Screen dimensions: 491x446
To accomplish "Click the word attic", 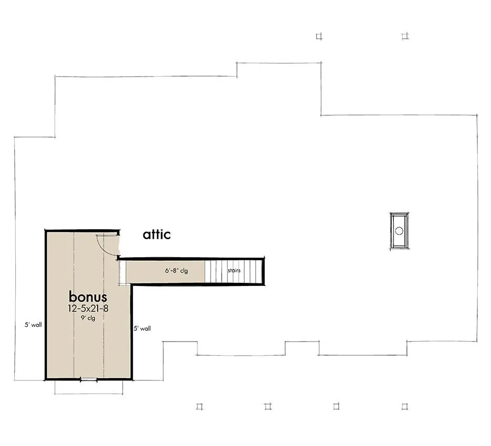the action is (156, 235).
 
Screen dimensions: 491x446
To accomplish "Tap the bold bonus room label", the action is (88, 296).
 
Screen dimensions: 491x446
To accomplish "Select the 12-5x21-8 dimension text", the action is (88, 309).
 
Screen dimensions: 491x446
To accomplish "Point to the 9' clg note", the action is (88, 318).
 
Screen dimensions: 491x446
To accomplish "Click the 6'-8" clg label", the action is (176, 270).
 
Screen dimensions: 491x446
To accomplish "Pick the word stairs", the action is (234, 270).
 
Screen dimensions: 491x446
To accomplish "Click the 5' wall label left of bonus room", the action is (33, 325).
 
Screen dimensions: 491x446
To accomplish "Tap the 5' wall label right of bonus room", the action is (142, 328).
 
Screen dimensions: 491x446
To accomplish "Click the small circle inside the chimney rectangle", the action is (399, 231).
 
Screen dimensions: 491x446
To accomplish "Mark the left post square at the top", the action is (319, 37).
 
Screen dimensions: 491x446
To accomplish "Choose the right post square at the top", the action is (405, 37).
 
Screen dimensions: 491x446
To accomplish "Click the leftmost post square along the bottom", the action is (200, 407).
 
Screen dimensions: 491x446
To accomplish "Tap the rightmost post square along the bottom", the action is (405, 406).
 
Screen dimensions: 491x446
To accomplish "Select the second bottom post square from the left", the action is (268, 406).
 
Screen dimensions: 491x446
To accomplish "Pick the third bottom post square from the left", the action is (336, 406).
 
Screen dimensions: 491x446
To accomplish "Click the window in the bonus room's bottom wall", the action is (89, 380).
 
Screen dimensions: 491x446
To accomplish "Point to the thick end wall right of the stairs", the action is (263, 271).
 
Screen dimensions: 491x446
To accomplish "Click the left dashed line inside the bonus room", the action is (74, 305).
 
